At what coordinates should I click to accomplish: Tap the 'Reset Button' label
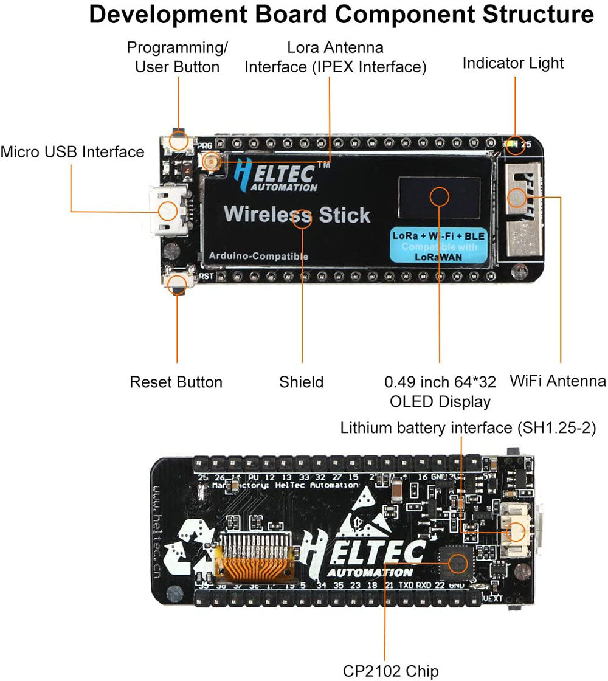tap(176, 382)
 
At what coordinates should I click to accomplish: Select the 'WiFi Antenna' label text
tap(558, 381)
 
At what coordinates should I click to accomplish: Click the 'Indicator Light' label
tap(513, 63)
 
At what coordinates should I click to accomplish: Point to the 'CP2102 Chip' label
tap(390, 671)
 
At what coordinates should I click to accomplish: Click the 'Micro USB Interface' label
tap(72, 151)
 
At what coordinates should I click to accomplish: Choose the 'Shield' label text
tap(301, 382)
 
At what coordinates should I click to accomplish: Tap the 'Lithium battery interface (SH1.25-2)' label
tap(468, 428)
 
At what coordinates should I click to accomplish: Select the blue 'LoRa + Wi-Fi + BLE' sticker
tap(434, 245)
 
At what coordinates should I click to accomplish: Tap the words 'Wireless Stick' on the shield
tap(297, 215)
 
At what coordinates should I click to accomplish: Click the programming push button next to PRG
tap(178, 142)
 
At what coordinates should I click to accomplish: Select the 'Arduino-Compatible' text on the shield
tap(258, 256)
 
